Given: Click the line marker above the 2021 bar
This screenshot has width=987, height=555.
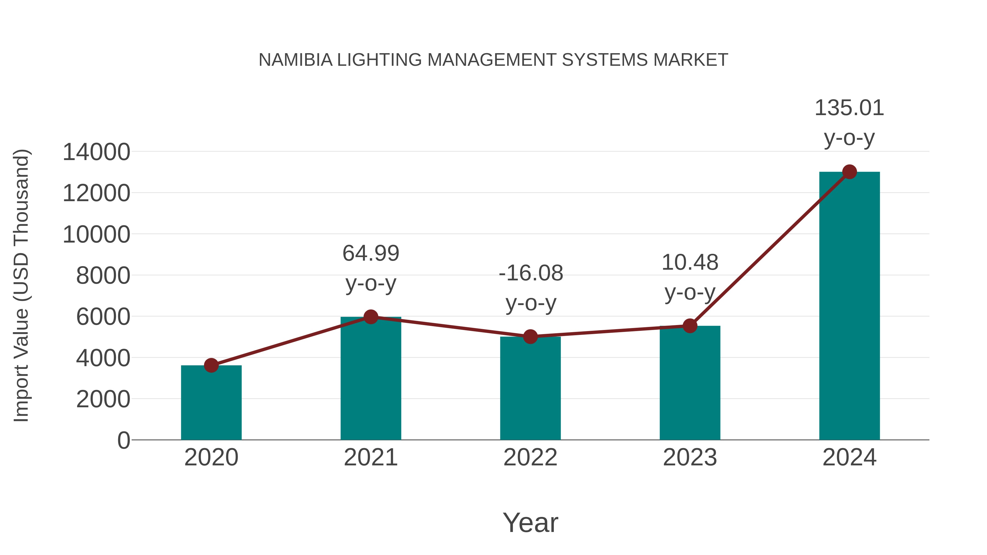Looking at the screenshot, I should [370, 317].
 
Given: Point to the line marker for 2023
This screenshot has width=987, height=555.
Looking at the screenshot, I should [690, 326].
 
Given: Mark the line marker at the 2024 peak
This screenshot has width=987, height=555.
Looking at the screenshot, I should [849, 172].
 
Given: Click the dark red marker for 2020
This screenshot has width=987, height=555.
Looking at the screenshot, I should [211, 365].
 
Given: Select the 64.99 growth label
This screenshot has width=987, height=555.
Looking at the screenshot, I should [370, 254].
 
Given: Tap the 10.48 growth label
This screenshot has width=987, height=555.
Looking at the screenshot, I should [690, 263].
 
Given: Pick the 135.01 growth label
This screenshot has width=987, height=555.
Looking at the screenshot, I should [849, 108].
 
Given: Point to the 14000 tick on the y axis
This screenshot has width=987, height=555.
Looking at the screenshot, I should [96, 152].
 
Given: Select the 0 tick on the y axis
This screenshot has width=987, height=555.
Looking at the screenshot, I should [123, 440].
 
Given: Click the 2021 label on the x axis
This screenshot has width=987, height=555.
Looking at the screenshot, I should [370, 457].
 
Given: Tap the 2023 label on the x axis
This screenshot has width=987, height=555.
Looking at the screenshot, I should [690, 457].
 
